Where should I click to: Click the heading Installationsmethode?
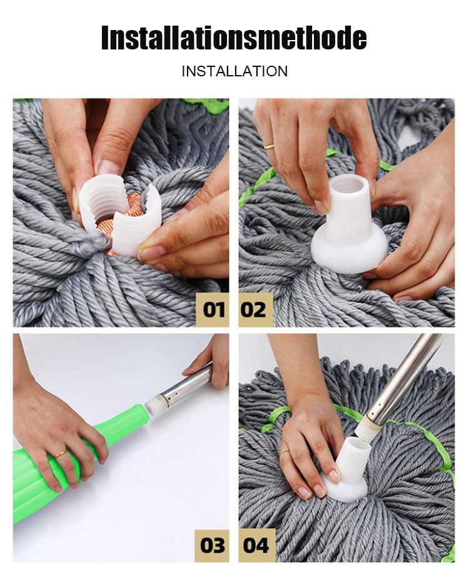(x=234, y=38)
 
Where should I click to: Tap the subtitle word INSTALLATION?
(x=234, y=71)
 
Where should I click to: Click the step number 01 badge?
(x=212, y=309)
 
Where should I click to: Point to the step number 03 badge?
(x=212, y=545)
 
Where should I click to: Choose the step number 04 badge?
(x=256, y=545)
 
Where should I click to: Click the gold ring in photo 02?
(x=270, y=146)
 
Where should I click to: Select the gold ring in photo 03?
(x=61, y=454)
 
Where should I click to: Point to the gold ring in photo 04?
(x=285, y=452)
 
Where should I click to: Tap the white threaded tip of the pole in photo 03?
(x=152, y=405)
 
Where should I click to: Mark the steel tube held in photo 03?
(x=185, y=385)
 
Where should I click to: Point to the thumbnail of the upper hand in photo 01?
(x=109, y=168)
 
